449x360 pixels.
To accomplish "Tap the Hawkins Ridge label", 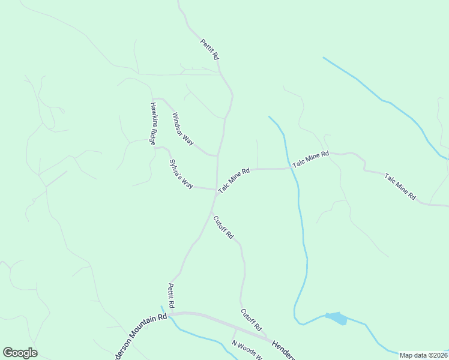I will (154, 123).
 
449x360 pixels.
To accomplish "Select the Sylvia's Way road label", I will (180, 174).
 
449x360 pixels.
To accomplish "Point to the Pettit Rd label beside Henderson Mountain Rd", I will (171, 296).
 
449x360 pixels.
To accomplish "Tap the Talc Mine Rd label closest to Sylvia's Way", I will (234, 180).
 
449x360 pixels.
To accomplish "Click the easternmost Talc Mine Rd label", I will (400, 186).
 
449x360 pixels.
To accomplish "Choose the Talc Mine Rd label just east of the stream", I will (311, 159).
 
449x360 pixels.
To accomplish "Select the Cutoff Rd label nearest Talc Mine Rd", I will (223, 227).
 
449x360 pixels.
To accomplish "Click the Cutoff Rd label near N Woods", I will (252, 320).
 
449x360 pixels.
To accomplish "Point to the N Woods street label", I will (246, 349).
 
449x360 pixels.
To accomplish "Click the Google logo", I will (20, 353).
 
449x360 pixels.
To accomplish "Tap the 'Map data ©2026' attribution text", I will (423, 355).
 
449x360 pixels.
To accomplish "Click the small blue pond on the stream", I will (336, 318).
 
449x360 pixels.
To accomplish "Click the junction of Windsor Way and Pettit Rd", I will (217, 155).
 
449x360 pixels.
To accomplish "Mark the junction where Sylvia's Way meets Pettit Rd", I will (215, 190).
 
